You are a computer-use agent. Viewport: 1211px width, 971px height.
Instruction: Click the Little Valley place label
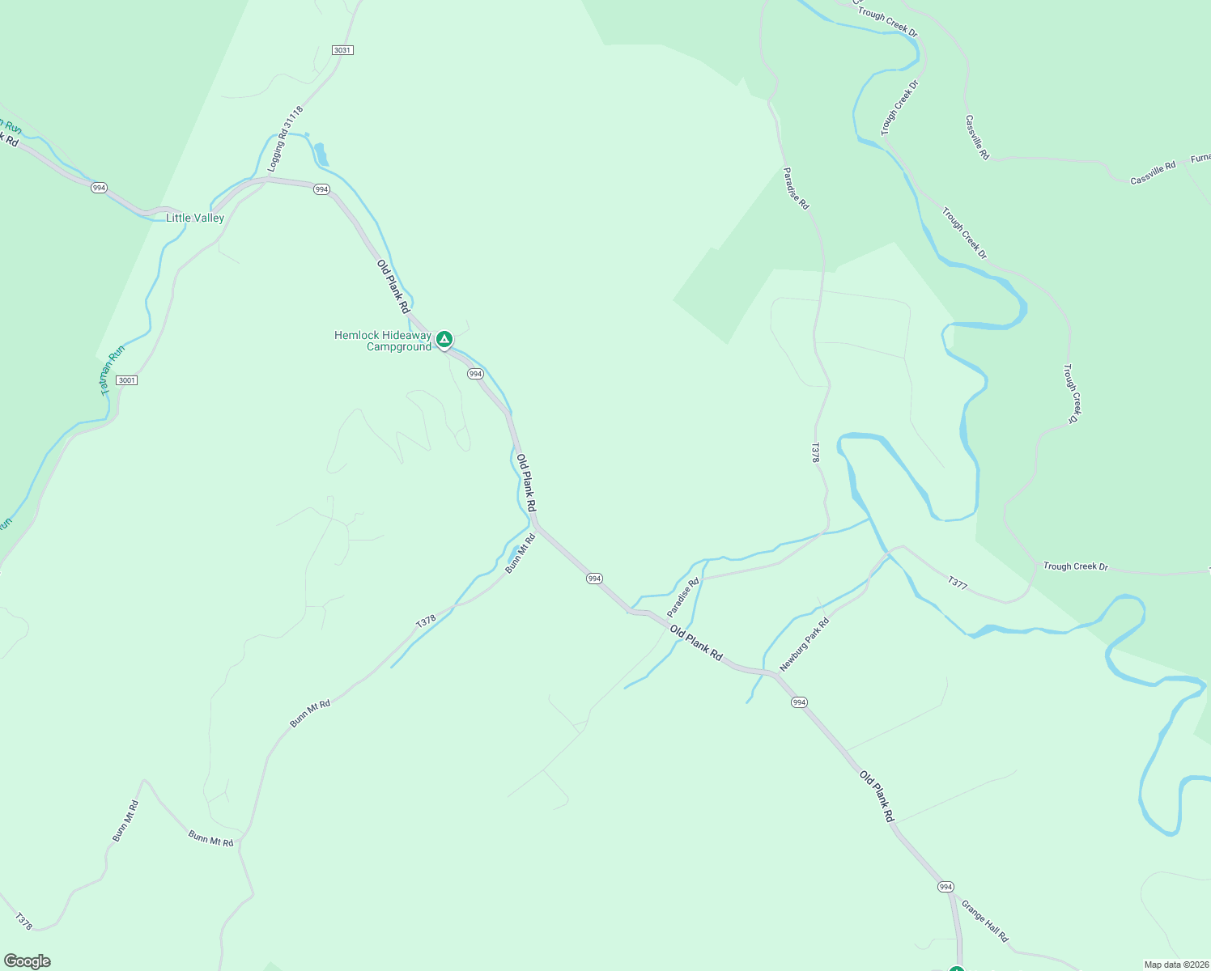[195, 218]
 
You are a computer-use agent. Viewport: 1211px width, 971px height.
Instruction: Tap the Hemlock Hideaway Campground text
[383, 341]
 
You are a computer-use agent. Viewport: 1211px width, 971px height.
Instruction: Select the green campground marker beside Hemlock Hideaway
[444, 339]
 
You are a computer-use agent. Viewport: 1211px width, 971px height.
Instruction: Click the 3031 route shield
[342, 50]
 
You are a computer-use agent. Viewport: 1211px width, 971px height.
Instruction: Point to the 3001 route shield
[126, 380]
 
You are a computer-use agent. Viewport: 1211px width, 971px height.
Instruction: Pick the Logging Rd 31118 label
[286, 139]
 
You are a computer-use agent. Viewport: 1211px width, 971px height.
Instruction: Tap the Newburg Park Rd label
[804, 645]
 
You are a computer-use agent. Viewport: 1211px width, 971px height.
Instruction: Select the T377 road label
[957, 583]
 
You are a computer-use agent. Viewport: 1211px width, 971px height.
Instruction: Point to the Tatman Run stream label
[113, 370]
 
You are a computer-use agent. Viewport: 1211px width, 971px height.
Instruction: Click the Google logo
[28, 961]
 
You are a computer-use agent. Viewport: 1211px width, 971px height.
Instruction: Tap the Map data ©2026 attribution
[1175, 965]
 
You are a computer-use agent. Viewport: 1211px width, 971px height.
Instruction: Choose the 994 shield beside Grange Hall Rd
[945, 887]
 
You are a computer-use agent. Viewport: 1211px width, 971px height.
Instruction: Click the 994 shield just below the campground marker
[475, 374]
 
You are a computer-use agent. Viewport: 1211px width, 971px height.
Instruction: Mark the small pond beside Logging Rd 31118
[321, 154]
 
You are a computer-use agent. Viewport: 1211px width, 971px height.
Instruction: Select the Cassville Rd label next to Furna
[1153, 173]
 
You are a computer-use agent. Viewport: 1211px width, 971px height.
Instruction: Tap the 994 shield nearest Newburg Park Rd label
[799, 702]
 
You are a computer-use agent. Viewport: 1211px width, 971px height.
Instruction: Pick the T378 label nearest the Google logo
[24, 921]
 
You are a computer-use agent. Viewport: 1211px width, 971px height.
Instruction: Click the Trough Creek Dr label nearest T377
[1075, 566]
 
